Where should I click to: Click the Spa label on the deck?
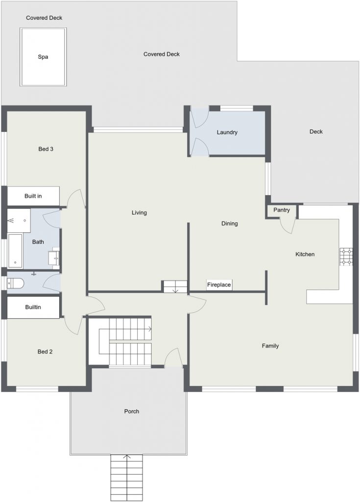coord(43,57)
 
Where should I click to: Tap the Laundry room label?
coord(227,132)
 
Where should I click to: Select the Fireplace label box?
coord(219,285)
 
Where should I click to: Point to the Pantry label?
coord(282,210)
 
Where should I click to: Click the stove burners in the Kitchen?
coord(346,257)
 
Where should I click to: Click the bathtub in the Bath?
coord(15,251)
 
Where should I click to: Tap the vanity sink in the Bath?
coord(54,258)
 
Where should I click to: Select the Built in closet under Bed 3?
coord(33,196)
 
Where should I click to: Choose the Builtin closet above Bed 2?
coord(33,307)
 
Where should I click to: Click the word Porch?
coord(132,411)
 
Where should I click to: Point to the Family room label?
coord(270,346)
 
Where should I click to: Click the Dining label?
coord(229,224)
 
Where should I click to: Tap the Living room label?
coord(139,213)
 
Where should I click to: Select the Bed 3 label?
coord(46,149)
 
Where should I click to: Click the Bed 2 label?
coord(45,351)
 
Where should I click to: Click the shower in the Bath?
coord(19,221)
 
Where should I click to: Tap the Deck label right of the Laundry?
coord(316,131)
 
